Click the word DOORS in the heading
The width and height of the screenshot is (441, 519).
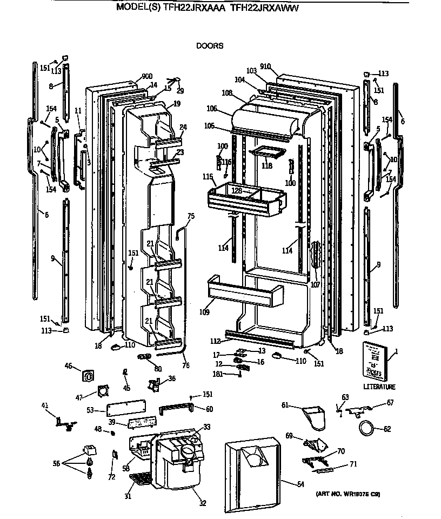pyautogui.click(x=209, y=46)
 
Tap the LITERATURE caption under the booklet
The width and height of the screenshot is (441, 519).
pyautogui.click(x=379, y=387)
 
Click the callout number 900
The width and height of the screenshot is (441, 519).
pyautogui.click(x=132, y=76)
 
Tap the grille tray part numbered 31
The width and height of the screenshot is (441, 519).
pyautogui.click(x=141, y=478)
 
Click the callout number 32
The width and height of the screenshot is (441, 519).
pyautogui.click(x=202, y=503)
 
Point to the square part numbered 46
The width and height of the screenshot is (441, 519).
pyautogui.click(x=88, y=374)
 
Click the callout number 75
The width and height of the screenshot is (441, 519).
pyautogui.click(x=191, y=216)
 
